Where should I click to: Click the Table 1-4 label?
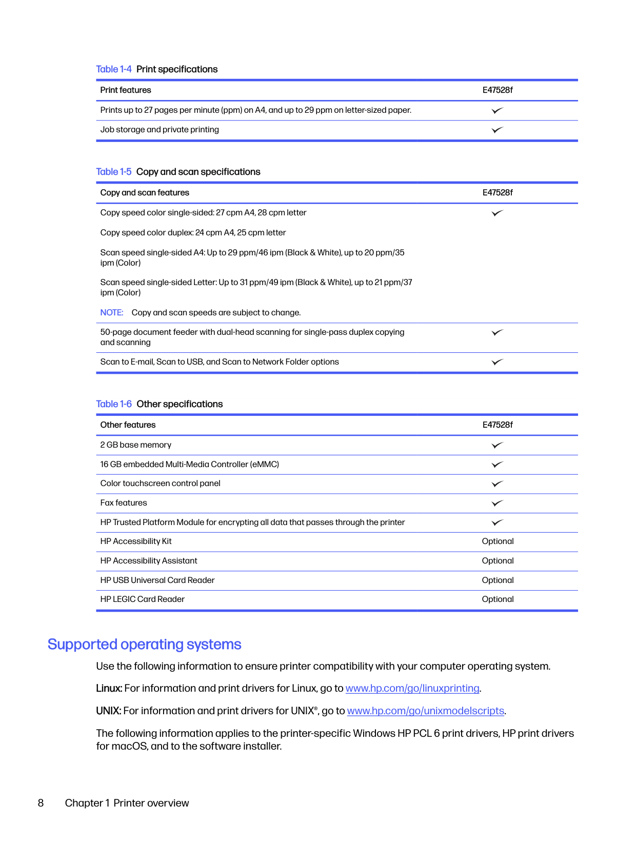click(113, 69)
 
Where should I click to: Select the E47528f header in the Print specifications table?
click(497, 90)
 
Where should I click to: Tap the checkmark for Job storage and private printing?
click(497, 130)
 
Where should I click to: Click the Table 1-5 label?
click(113, 172)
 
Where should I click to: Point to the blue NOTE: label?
click(112, 313)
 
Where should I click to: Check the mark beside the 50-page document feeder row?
click(497, 333)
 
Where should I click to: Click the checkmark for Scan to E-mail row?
click(497, 362)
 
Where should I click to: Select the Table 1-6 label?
click(113, 404)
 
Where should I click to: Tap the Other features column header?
click(128, 425)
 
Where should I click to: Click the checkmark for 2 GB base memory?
click(497, 445)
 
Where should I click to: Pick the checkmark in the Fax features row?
click(497, 503)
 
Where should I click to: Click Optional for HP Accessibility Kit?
click(498, 541)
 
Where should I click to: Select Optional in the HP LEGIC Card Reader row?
click(498, 599)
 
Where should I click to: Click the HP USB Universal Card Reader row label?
click(157, 580)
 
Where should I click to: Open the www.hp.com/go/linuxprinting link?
click(412, 689)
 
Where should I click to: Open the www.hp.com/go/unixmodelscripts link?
click(426, 711)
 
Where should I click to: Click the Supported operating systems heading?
click(144, 644)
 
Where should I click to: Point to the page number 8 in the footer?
click(41, 803)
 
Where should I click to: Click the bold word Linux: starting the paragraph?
click(109, 689)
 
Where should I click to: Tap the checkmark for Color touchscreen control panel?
click(497, 484)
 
